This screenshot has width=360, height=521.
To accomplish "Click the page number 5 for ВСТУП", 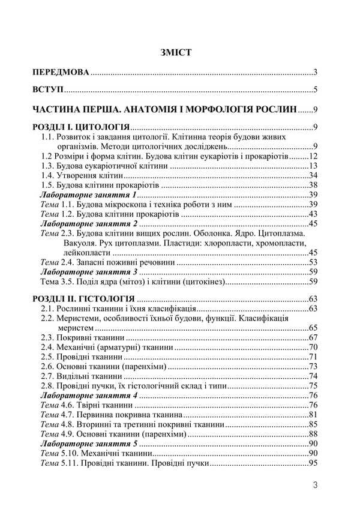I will click(315, 91).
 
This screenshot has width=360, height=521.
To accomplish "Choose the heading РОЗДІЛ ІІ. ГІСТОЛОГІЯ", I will click(83, 298).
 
